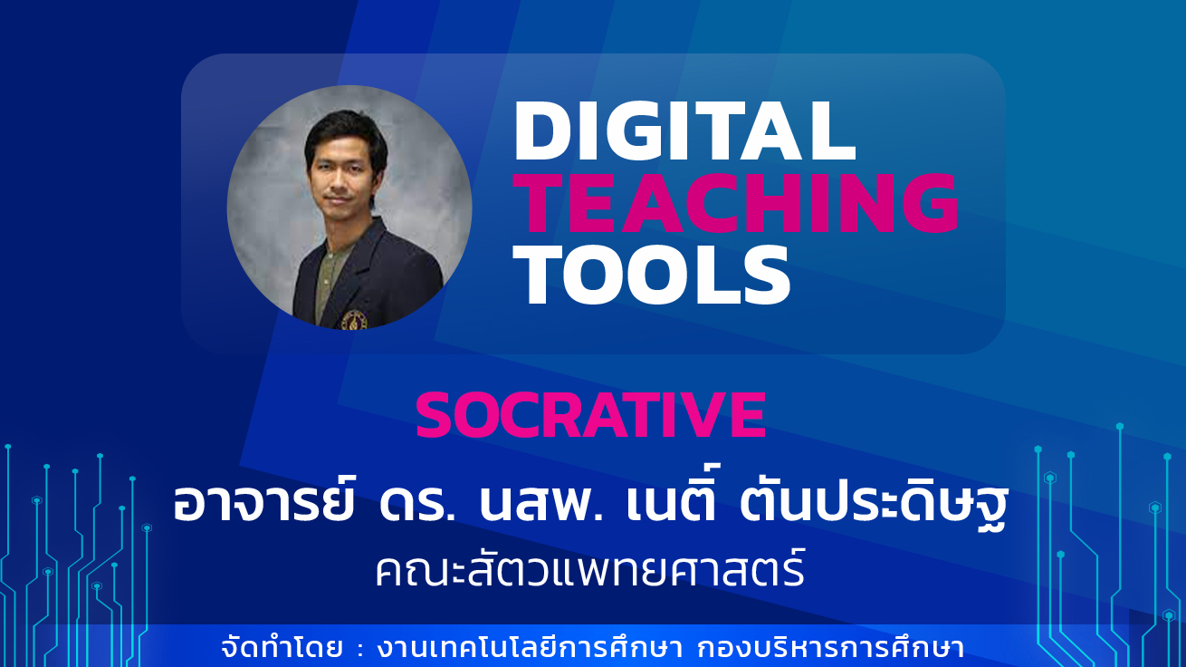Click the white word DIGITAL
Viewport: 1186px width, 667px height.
click(684, 130)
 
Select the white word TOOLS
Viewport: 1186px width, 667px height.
click(652, 275)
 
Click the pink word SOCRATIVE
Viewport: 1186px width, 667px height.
click(591, 414)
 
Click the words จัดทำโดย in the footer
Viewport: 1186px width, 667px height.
click(282, 649)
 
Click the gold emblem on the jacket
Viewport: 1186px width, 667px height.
click(354, 320)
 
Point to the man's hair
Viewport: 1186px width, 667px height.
click(346, 132)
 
